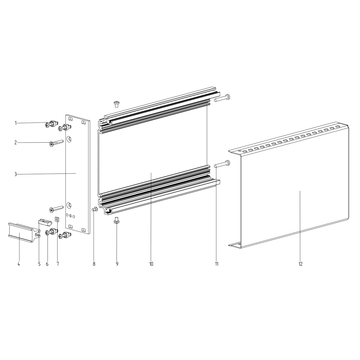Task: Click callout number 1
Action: point(16,123)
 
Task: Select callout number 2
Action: point(16,143)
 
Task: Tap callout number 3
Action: point(16,174)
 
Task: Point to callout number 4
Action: point(19,264)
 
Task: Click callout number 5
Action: point(39,264)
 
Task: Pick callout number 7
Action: point(58,264)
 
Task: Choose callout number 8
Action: point(94,264)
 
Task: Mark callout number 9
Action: point(117,264)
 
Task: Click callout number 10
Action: point(151,264)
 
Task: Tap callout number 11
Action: point(217,264)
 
